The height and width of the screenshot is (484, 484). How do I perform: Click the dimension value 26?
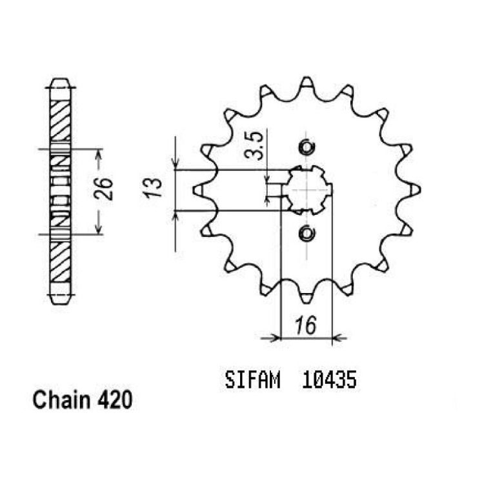point(103,189)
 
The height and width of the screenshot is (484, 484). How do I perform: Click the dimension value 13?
point(152,188)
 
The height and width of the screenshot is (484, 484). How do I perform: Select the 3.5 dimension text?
point(254,145)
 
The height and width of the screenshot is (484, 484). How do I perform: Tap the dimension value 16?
point(306,325)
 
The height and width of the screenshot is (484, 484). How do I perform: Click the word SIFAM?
point(252,380)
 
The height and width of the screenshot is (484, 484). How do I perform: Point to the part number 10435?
point(329,380)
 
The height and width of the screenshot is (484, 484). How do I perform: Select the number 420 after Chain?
point(115,400)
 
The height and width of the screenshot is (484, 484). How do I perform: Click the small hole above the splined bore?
point(307,147)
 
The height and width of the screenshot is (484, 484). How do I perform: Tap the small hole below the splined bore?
point(307,234)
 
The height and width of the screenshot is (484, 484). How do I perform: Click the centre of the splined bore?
point(307,190)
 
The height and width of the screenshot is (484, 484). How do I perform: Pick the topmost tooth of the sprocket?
point(307,83)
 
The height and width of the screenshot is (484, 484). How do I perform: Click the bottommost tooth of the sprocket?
point(307,297)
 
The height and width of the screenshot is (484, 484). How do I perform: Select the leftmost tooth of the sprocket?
point(198,190)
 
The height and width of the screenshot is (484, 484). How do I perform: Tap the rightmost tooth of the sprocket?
point(415,190)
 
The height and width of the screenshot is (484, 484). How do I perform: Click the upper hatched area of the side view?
point(60,121)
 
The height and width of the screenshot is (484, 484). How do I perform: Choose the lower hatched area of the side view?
point(60,262)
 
